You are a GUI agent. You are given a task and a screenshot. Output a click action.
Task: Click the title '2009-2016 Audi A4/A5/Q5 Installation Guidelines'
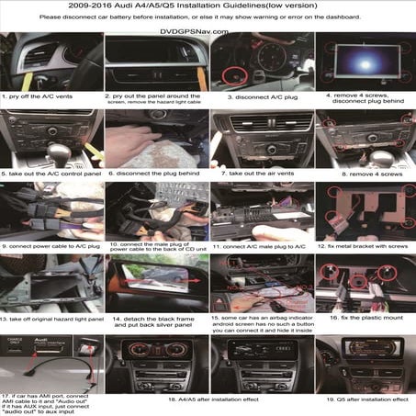208,6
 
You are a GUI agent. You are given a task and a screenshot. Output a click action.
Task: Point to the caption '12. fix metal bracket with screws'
364,247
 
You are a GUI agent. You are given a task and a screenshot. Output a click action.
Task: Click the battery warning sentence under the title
208,17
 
